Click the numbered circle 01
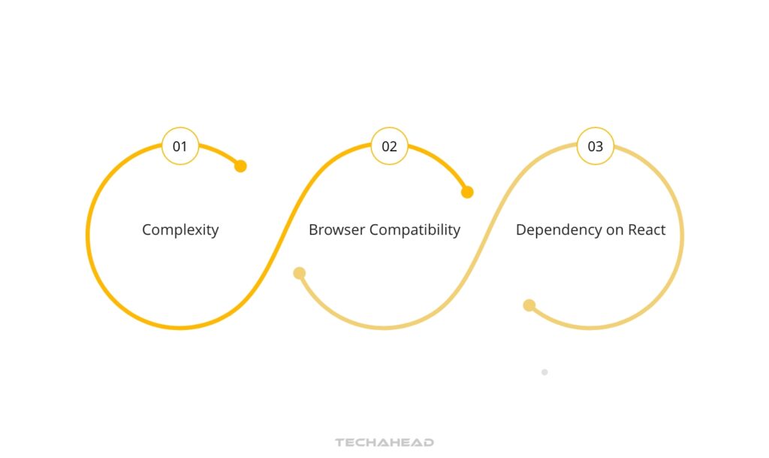tap(180, 146)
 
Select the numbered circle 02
tap(389, 146)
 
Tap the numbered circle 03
tap(595, 146)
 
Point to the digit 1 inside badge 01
tap(184, 147)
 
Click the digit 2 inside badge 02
tap(394, 147)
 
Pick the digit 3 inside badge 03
tap(599, 147)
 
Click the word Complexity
tap(180, 230)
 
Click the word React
tap(647, 230)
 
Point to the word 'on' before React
tap(615, 230)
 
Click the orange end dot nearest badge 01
tap(240, 166)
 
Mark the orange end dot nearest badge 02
tap(467, 192)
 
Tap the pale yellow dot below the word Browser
tap(299, 273)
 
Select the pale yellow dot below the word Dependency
tap(529, 305)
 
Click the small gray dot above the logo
tap(544, 372)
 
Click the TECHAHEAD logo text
tap(384, 442)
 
